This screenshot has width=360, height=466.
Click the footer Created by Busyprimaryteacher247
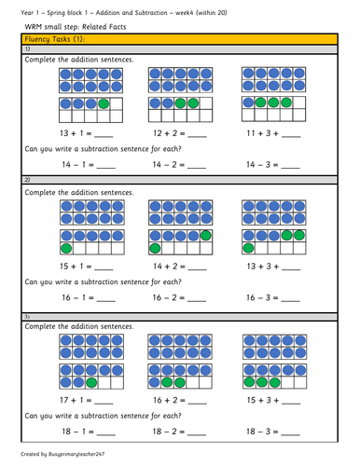tap(61, 458)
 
